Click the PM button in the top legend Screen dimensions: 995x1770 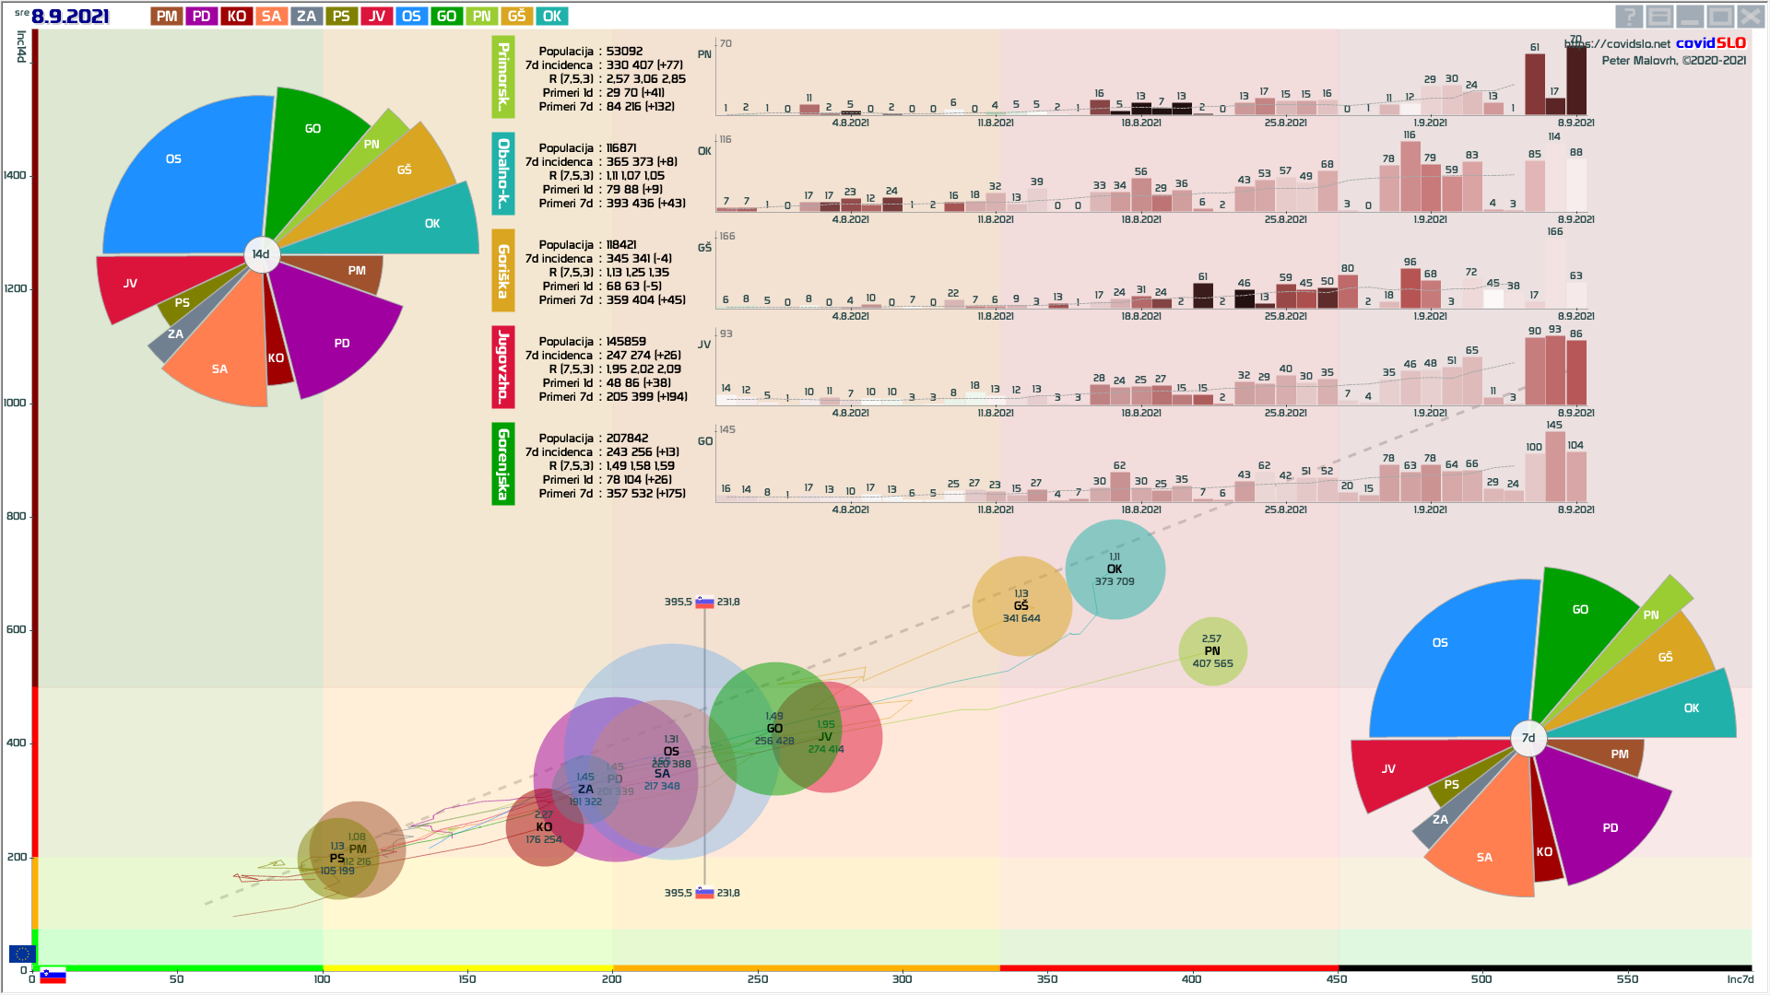167,17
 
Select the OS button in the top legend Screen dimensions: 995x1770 411,17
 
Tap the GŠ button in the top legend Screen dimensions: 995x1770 516,17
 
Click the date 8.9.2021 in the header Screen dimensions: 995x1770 70,17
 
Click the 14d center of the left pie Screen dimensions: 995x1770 262,254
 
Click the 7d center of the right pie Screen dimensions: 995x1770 1528,738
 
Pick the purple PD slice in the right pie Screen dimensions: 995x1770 1604,820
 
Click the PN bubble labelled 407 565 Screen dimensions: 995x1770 1212,651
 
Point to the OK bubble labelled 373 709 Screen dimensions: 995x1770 1115,569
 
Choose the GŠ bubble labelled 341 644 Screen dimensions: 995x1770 1021,606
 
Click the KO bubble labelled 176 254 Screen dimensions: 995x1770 544,827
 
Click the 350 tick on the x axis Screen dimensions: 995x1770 1047,979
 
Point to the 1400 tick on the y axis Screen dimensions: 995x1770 16,175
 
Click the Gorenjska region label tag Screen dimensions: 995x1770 503,464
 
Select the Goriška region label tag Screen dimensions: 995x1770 503,271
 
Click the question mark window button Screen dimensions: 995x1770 1629,17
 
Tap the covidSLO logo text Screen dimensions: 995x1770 1710,43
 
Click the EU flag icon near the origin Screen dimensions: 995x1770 22,954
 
